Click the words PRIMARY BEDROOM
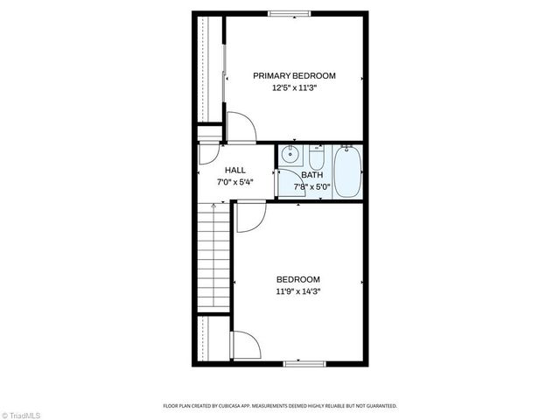tap(294, 76)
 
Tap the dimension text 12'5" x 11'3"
tap(294, 87)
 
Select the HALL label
tap(234, 170)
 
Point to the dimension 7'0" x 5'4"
tap(234, 182)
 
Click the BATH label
tap(311, 174)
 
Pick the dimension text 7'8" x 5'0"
tap(311, 185)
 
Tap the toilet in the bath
tap(316, 158)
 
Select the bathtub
tap(347, 172)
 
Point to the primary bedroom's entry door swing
tap(240, 128)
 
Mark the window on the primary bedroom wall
tap(288, 12)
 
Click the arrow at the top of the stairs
tap(213, 205)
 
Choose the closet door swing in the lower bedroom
tap(244, 346)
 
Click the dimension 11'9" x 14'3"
tap(298, 291)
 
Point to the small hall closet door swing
tap(208, 154)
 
